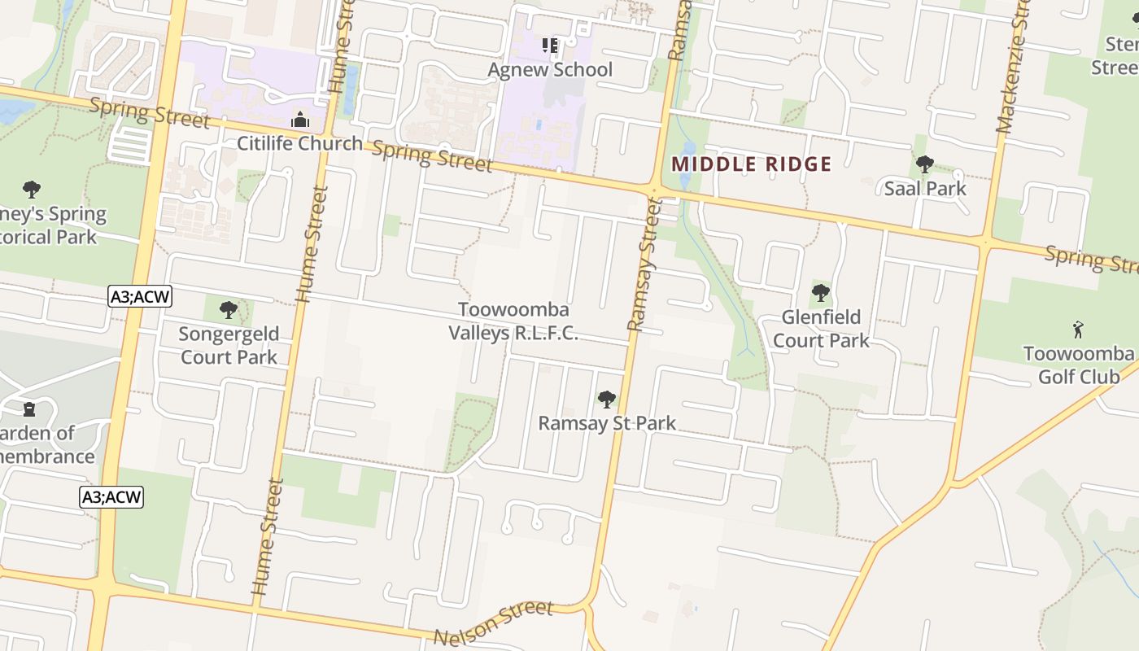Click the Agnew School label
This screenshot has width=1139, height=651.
click(550, 70)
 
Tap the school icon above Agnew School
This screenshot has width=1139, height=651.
click(550, 45)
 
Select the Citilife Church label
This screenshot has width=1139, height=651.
click(299, 144)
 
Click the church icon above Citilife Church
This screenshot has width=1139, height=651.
click(300, 120)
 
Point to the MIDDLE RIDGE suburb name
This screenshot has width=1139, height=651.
click(751, 164)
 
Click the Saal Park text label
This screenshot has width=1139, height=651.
click(925, 189)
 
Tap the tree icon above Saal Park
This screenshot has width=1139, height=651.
click(924, 164)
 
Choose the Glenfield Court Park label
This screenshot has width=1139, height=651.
click(821, 329)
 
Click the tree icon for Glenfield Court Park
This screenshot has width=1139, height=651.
click(821, 292)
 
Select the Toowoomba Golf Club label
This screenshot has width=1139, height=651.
click(1078, 365)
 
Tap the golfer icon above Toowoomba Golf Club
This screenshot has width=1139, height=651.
click(1078, 330)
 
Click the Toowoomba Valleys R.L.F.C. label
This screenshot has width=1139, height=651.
click(513, 321)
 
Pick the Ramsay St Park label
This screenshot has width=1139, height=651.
click(607, 424)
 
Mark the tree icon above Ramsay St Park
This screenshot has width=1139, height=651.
click(606, 399)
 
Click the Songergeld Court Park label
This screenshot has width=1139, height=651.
click(229, 345)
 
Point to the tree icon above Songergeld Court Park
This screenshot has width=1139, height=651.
click(229, 309)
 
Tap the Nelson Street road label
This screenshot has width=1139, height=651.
click(493, 623)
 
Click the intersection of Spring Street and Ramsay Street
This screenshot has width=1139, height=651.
click(653, 190)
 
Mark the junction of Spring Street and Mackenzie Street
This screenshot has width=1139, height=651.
click(985, 241)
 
